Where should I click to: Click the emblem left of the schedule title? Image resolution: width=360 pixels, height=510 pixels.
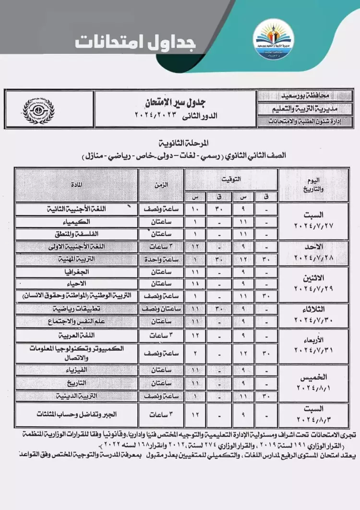click(x=39, y=109)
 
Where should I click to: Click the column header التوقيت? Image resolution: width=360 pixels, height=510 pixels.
click(x=231, y=179)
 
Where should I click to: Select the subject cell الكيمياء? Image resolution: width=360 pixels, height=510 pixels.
click(x=77, y=222)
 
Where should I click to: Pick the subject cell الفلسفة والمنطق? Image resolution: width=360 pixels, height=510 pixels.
click(x=77, y=234)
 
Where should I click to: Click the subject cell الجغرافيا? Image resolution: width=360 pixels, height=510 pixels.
click(x=77, y=272)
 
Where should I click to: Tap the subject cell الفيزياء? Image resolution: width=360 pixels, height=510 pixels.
click(x=77, y=371)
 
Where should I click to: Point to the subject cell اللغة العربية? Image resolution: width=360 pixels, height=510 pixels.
click(x=77, y=335)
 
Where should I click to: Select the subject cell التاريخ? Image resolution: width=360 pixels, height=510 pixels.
click(x=77, y=383)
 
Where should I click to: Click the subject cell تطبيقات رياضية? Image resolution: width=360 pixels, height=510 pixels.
click(x=77, y=309)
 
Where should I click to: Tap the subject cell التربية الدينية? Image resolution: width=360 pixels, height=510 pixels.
click(x=77, y=396)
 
